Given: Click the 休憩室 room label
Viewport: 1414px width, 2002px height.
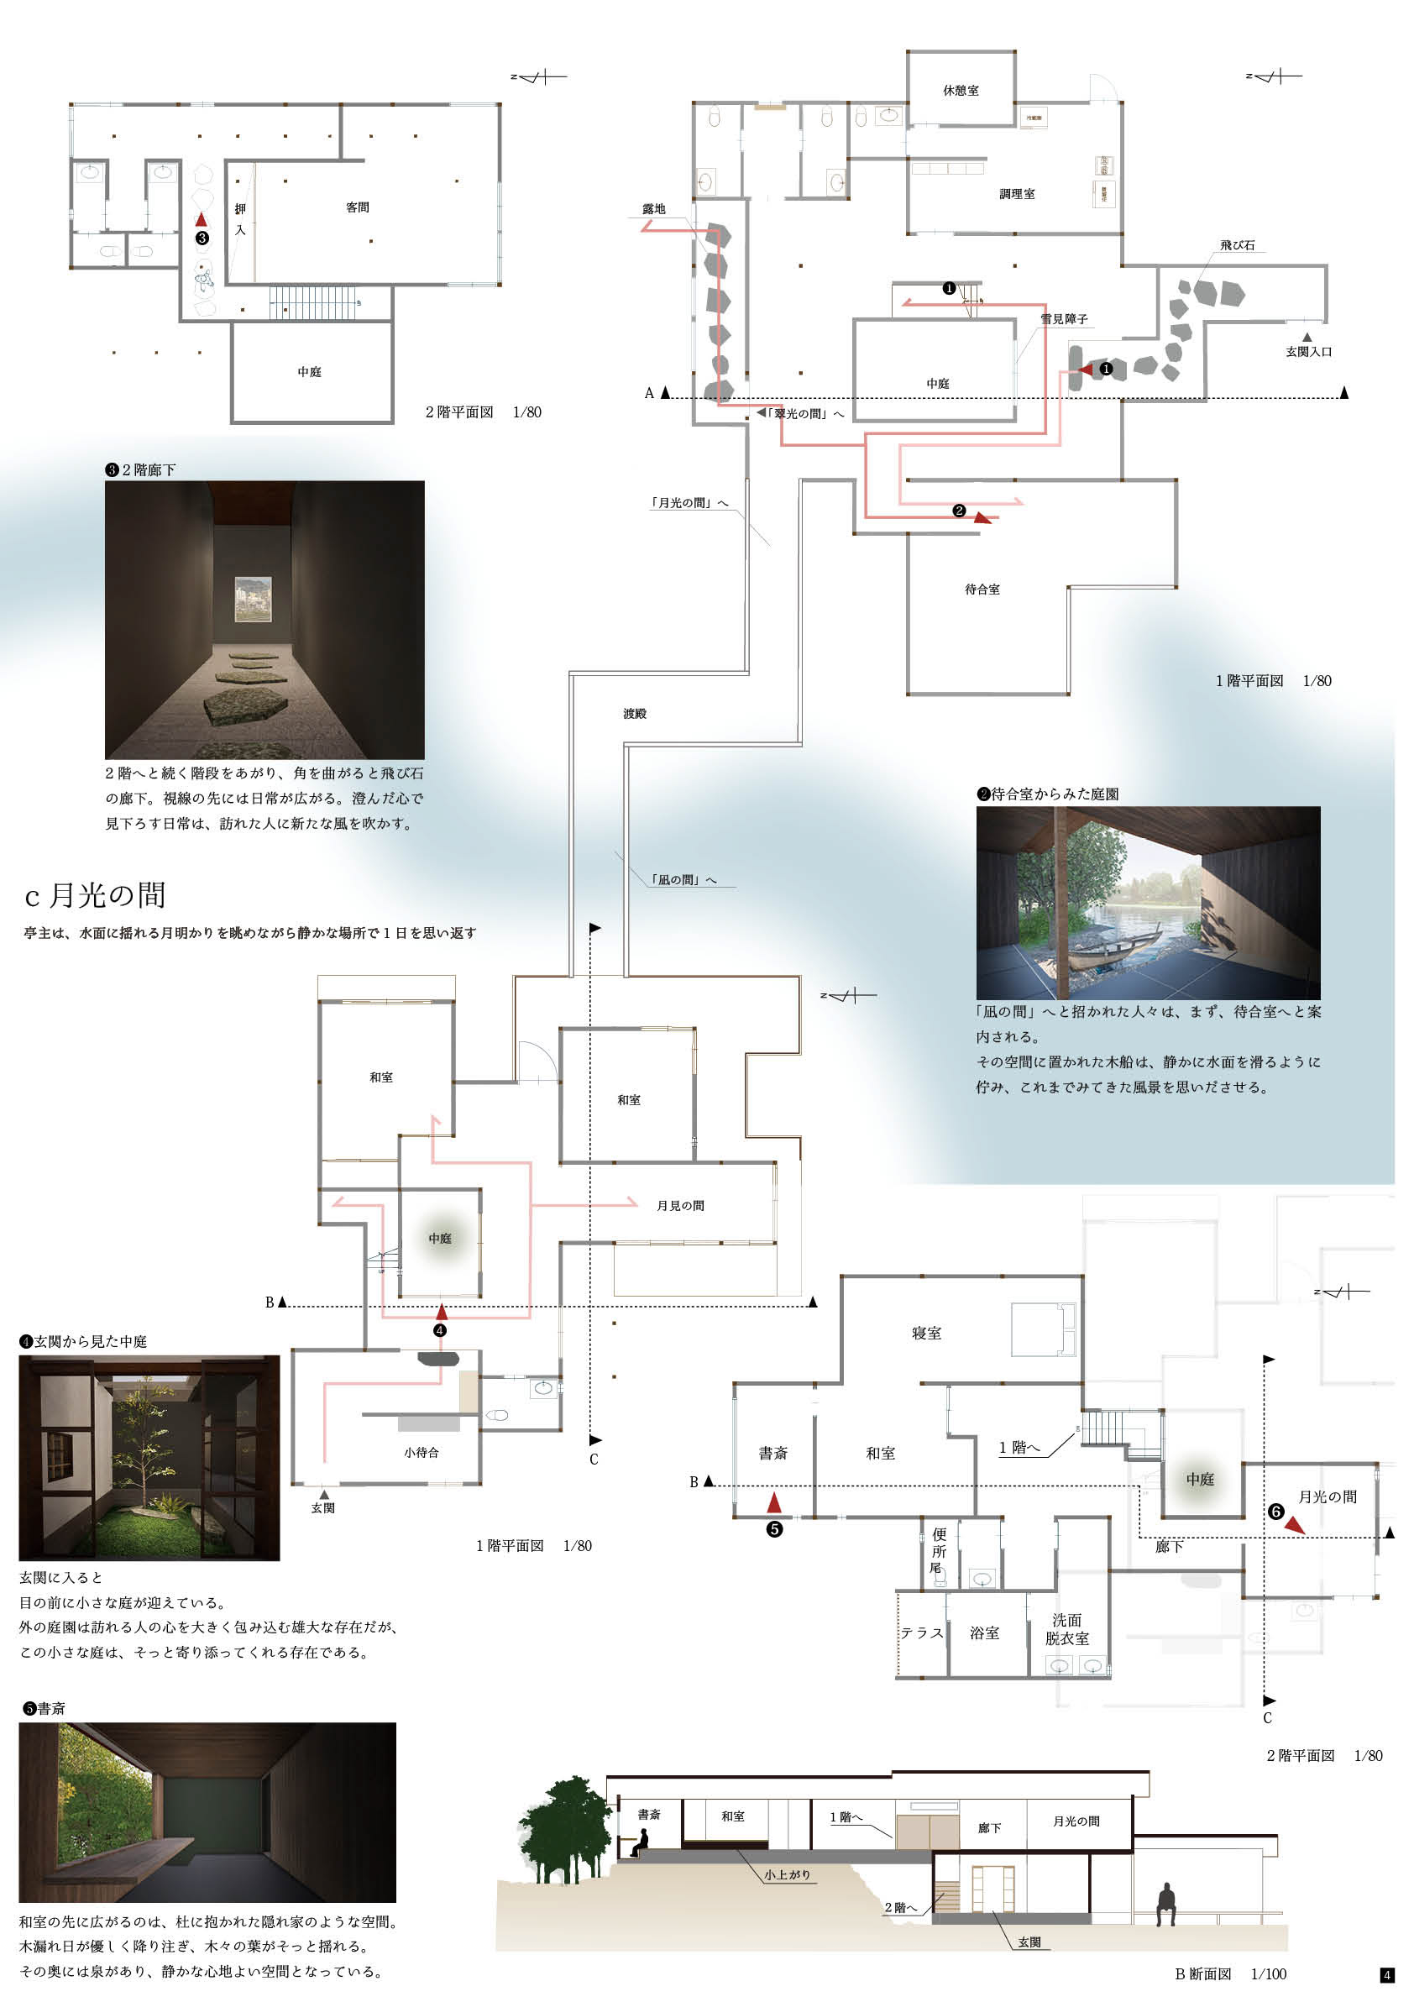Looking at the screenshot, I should pos(960,91).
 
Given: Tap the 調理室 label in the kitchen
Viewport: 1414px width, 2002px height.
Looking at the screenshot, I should pos(1017,195).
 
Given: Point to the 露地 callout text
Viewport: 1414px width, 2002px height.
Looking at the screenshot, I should pos(654,209).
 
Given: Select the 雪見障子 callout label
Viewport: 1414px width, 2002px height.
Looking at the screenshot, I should pos(1064,319).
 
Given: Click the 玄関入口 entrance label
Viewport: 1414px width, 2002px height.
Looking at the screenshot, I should pos(1308,351).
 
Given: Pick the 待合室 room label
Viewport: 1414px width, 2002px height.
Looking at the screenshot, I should pos(982,590).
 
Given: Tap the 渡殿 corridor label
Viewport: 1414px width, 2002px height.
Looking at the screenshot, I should pos(635,713).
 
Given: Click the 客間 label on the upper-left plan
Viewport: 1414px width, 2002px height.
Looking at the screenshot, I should pos(358,207).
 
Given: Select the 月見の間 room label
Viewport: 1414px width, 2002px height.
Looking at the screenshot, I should pos(680,1205).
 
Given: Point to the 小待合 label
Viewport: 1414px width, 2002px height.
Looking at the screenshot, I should pos(421,1452).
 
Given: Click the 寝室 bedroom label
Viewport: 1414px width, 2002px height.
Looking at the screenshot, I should pos(926,1333).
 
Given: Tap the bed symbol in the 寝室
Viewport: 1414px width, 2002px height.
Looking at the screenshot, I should pos(1043,1329).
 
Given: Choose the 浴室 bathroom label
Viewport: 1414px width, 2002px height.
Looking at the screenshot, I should pos(984,1633).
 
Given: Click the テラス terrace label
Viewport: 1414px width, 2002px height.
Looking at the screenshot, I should pos(921,1633).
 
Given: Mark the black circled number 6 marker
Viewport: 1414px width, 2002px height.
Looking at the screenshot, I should pos(1275,1511).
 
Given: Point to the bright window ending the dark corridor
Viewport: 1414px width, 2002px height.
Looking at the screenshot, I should pos(253,600).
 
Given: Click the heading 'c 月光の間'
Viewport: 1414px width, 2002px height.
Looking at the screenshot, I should pos(95,894).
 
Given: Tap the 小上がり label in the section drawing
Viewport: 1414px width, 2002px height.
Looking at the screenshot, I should pos(788,1874).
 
